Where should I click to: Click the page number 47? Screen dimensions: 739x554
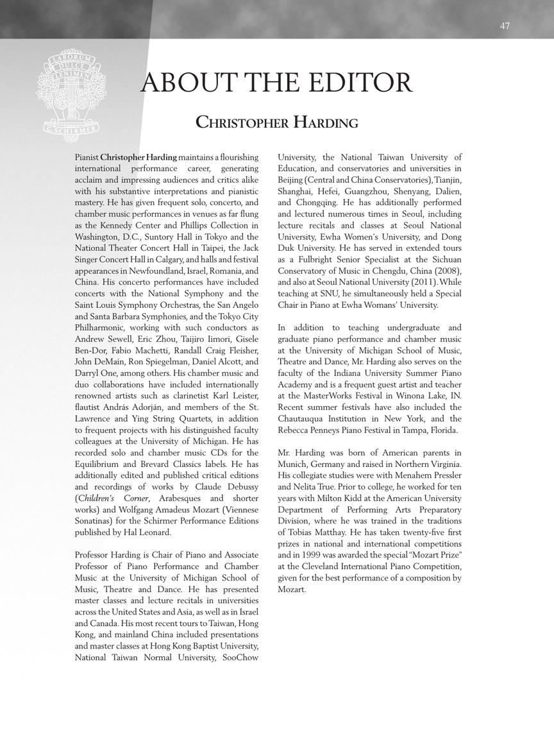[505, 26]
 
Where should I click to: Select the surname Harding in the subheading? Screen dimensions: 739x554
[326, 122]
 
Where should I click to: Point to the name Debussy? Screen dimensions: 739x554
[240, 486]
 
